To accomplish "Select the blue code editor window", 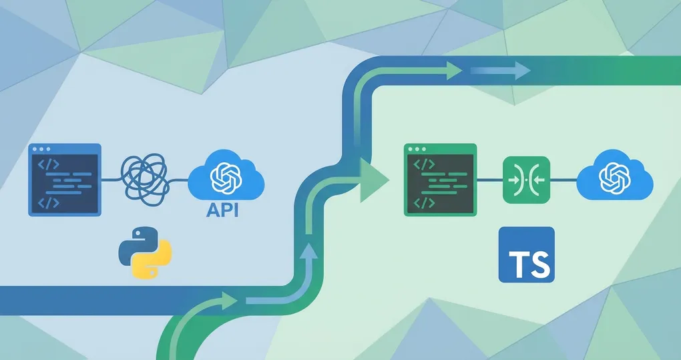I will [65, 180].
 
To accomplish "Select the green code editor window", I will [440, 180].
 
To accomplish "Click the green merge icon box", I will [525, 179].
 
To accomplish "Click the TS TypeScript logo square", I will [526, 254].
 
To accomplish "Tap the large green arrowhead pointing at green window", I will [373, 180].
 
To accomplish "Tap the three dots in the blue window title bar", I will [41, 149].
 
